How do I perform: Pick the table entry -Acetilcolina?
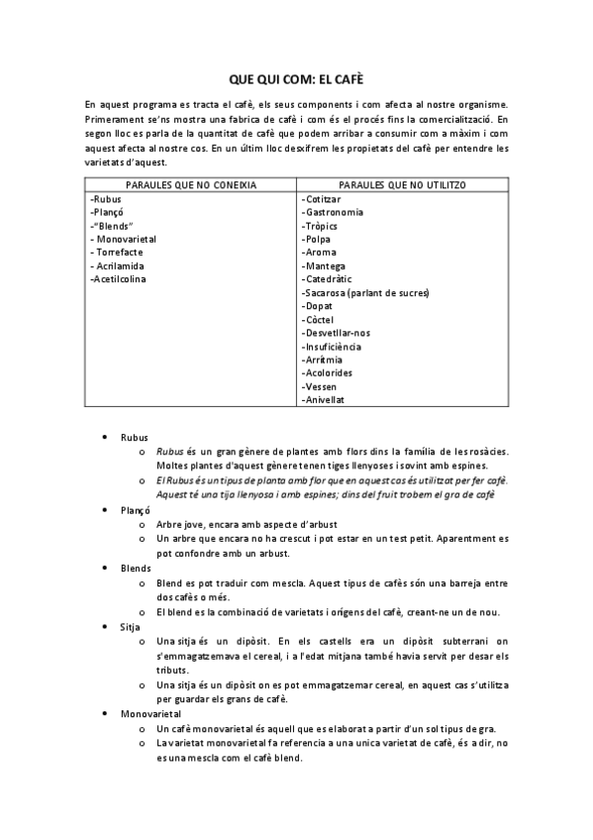(x=118, y=279)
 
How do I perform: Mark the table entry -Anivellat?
(x=323, y=400)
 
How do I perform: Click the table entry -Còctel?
(x=318, y=320)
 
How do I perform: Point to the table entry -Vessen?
(x=319, y=386)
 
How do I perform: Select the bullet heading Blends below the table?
(x=136, y=568)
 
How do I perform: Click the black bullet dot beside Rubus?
(x=106, y=436)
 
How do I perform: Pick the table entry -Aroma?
(x=319, y=253)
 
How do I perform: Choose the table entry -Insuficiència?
(x=332, y=347)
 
